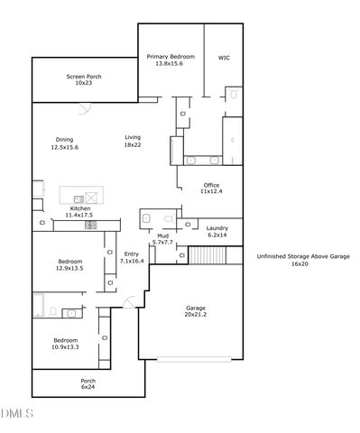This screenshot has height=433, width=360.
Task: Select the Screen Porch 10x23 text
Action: point(83,80)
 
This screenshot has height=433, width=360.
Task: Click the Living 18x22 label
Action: point(133,141)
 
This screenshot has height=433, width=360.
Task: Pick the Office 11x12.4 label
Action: point(210,189)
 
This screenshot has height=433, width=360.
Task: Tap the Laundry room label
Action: point(217,232)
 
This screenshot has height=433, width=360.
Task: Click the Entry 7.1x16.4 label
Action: point(132,257)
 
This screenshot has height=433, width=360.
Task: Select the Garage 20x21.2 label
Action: point(196,310)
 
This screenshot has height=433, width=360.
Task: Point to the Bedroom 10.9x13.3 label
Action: point(65,344)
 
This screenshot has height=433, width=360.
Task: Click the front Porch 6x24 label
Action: point(88,383)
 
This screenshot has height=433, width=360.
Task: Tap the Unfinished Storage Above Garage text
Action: point(302,261)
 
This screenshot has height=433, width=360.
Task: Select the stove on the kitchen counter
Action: point(91,225)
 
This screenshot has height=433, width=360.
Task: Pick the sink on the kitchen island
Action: point(79,198)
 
